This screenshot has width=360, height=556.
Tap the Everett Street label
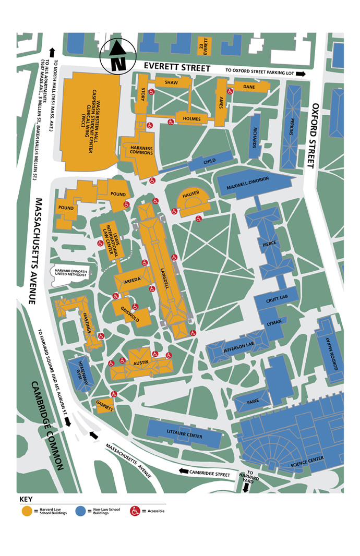coord(177,68)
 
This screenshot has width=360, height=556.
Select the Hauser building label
coord(191,195)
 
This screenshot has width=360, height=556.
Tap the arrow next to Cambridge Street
coord(184,470)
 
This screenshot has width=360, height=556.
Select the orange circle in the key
coord(26,511)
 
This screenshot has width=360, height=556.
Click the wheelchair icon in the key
coord(135,511)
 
